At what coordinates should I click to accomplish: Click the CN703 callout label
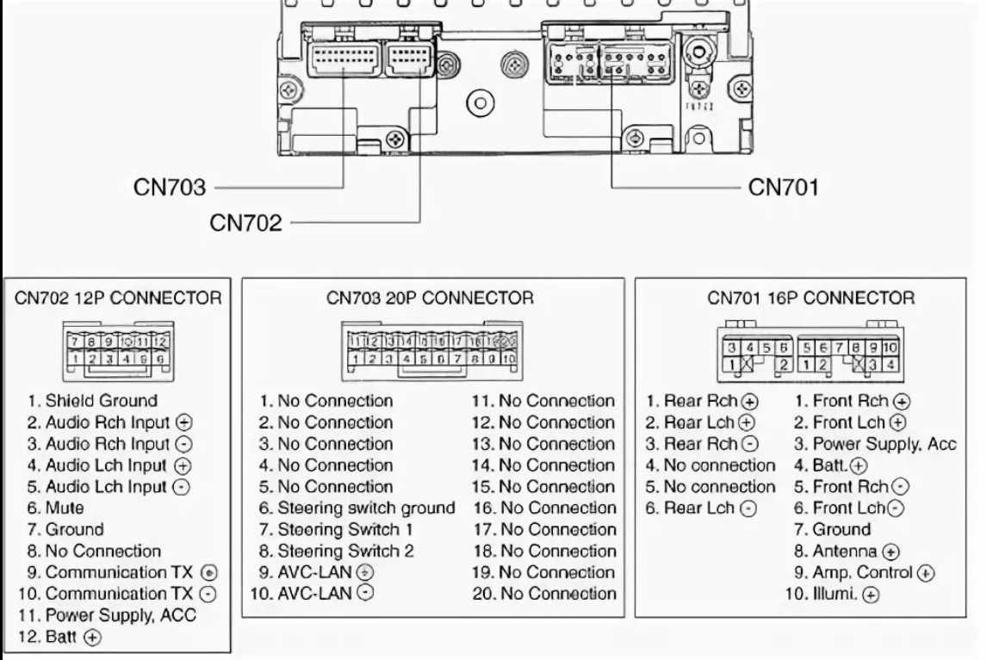pyautogui.click(x=170, y=187)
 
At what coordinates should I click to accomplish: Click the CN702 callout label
pyautogui.click(x=245, y=222)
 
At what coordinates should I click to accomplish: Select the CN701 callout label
pyautogui.click(x=783, y=187)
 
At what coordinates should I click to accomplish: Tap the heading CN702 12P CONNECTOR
pyautogui.click(x=118, y=298)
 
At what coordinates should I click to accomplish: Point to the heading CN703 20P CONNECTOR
pyautogui.click(x=430, y=298)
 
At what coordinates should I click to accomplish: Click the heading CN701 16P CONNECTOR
pyautogui.click(x=810, y=298)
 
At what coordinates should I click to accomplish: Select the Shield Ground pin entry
pyautogui.click(x=92, y=400)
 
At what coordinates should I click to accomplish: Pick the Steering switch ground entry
pyautogui.click(x=357, y=508)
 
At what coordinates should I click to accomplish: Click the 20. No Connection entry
pyautogui.click(x=544, y=593)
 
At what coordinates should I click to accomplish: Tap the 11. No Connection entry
pyautogui.click(x=543, y=400)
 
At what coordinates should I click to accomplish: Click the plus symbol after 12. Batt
pyautogui.click(x=93, y=638)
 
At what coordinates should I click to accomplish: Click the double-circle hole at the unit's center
pyautogui.click(x=480, y=103)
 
